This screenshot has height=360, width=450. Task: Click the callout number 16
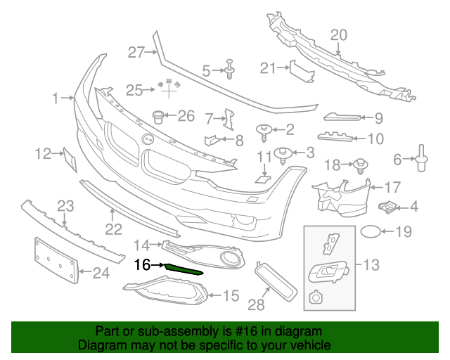[142, 265]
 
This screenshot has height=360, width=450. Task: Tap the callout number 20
[338, 35]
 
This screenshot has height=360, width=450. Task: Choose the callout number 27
[136, 51]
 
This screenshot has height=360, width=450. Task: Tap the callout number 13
[371, 264]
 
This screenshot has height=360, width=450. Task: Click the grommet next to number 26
[159, 116]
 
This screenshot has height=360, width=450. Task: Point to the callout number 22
[113, 229]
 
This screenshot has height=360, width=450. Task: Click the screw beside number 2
[265, 129]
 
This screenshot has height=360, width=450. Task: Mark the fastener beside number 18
[359, 165]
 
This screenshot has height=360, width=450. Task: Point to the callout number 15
[231, 296]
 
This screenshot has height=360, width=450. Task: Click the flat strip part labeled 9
[342, 117]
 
